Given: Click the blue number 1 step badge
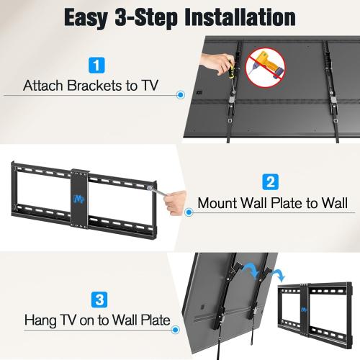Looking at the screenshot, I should coord(96,66).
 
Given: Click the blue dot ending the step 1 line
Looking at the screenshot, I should coord(179,94).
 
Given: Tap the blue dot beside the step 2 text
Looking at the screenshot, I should coord(189,212).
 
